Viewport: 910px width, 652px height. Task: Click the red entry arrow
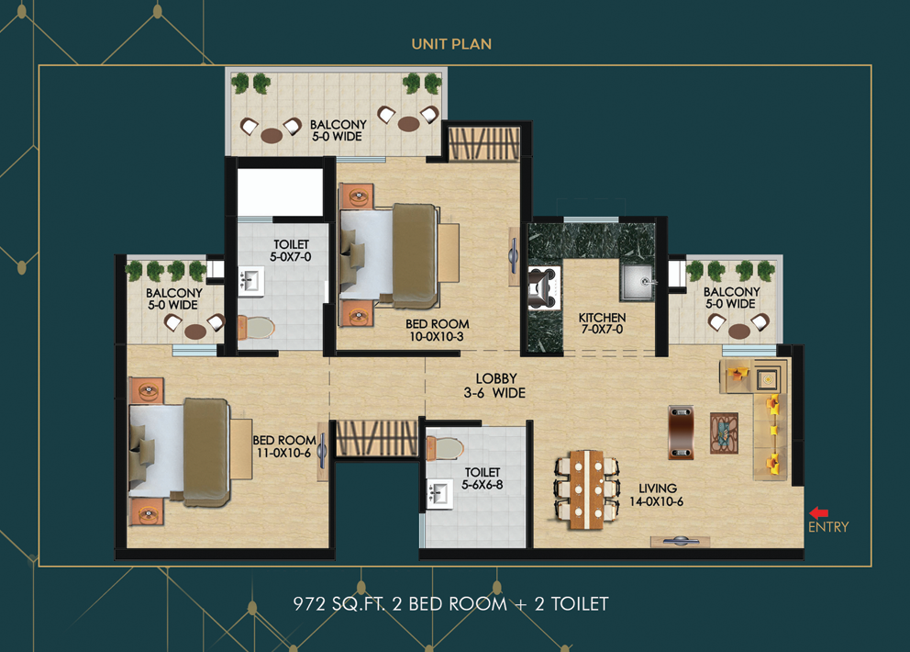(818, 513)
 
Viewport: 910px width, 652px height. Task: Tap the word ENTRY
(828, 527)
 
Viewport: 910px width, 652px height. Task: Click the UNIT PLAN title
(451, 44)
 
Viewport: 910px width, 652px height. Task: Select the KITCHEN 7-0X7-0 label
(602, 323)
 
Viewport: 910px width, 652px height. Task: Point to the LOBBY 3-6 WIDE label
(496, 386)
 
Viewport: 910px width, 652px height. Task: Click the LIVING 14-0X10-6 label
(658, 495)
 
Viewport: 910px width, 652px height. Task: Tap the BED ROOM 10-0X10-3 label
(438, 330)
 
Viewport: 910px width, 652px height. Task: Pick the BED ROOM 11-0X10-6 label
(284, 446)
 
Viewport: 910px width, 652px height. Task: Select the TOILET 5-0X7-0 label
(292, 251)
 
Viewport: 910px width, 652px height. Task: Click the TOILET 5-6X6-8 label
(483, 478)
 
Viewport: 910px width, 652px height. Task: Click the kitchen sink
(638, 282)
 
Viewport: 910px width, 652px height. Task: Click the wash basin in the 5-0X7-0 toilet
(250, 280)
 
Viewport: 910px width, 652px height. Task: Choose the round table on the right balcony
(739, 331)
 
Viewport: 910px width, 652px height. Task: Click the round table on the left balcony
(194, 332)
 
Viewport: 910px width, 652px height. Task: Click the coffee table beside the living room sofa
(724, 433)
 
